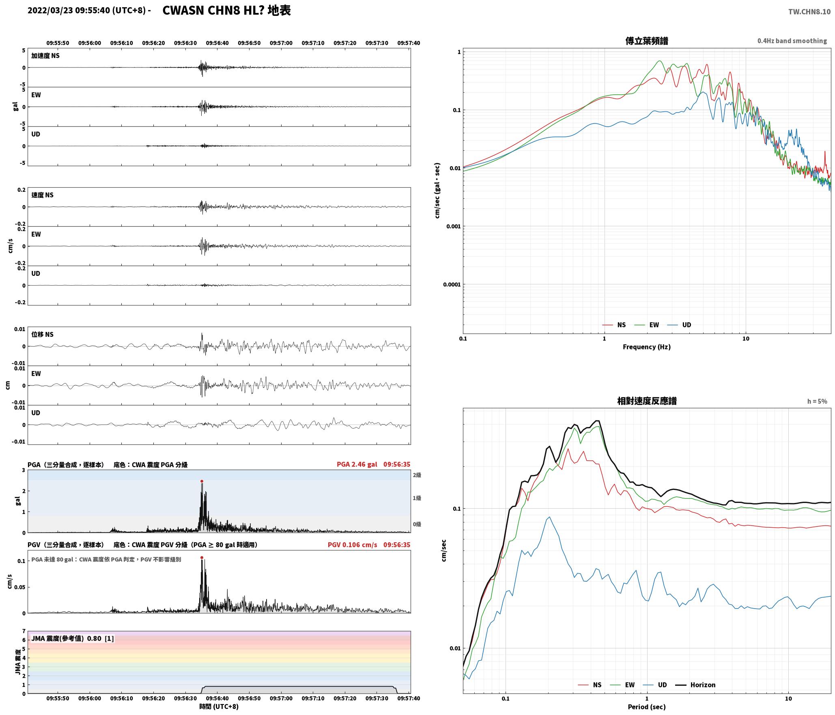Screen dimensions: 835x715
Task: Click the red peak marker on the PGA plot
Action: click(202, 481)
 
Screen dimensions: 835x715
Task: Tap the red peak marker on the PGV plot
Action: click(202, 557)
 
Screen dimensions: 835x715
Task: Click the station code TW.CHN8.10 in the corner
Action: click(809, 12)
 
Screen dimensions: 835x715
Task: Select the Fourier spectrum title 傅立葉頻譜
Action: click(647, 41)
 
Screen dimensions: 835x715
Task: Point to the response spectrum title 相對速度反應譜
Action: click(647, 401)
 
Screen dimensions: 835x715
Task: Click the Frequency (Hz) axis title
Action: click(647, 347)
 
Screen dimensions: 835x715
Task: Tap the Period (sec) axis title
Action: click(647, 706)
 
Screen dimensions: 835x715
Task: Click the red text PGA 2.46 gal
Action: click(357, 464)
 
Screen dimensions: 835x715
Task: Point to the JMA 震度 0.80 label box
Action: click(72, 638)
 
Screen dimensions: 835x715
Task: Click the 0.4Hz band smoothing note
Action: click(792, 41)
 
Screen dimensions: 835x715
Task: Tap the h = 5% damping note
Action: click(817, 401)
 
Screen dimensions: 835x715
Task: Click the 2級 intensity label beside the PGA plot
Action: click(417, 475)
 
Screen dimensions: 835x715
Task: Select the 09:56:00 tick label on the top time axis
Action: click(90, 43)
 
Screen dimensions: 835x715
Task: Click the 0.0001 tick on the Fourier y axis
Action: click(452, 284)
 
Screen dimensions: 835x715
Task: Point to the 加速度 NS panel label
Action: click(45, 56)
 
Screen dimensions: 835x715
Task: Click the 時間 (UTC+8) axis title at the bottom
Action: click(219, 706)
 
